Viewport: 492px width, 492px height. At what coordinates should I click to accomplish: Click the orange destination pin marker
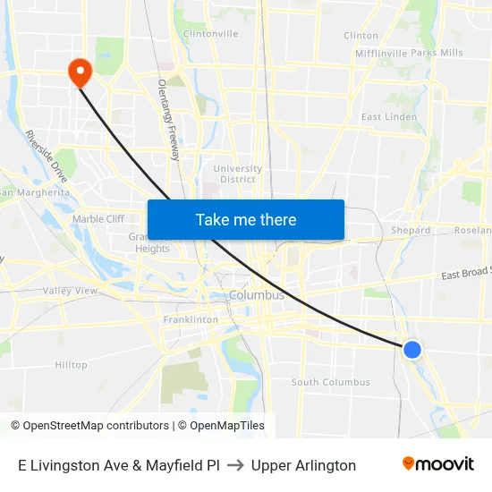pos(80,72)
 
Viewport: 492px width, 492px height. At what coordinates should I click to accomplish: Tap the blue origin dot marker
pos(412,350)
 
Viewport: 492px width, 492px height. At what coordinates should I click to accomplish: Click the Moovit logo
pos(437,464)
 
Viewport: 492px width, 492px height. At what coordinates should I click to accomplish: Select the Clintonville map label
pos(210,34)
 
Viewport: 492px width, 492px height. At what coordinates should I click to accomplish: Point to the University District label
pos(238,174)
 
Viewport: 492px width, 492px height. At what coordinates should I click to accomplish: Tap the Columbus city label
pos(257,295)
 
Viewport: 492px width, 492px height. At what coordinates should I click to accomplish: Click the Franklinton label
pos(191,319)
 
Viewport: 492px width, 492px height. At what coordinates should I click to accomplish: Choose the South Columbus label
pos(330,383)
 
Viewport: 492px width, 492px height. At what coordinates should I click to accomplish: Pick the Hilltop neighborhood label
pos(72,365)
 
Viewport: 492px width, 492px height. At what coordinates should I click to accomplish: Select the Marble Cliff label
pos(98,218)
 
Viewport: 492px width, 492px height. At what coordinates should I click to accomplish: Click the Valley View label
pos(70,291)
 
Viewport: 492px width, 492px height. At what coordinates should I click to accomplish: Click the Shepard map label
pos(411,230)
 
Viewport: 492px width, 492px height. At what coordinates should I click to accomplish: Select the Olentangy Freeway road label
pos(169,120)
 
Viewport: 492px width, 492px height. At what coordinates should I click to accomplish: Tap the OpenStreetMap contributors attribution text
pos(90,426)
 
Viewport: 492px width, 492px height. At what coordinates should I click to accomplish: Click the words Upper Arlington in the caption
pos(303,465)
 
